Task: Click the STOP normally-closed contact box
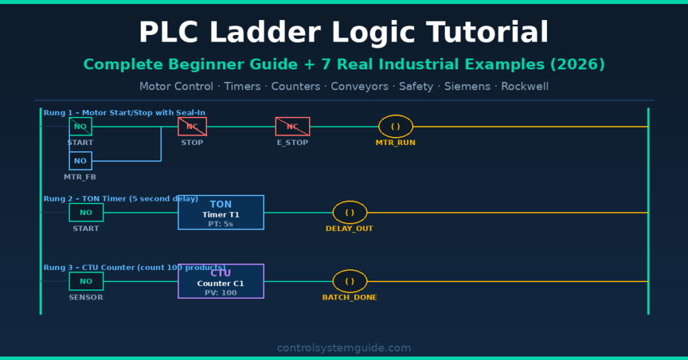(192, 126)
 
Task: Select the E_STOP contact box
(292, 126)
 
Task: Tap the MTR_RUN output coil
(396, 126)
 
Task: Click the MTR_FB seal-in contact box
(81, 161)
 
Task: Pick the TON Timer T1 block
(220, 212)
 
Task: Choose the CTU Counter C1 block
(220, 281)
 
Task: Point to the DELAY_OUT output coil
(349, 212)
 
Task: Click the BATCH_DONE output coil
(349, 281)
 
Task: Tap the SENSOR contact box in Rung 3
(86, 281)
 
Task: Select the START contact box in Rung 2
(86, 212)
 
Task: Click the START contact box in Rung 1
(81, 126)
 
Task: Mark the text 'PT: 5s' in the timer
(220, 224)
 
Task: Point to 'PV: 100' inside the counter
(220, 293)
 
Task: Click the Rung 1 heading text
(124, 112)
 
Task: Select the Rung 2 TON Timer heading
(121, 199)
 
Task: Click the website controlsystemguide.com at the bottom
(344, 348)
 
